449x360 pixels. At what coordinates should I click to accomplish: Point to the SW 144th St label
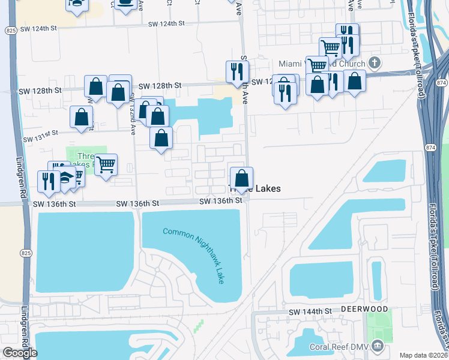click(x=310, y=312)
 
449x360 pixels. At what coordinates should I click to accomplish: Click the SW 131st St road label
click(x=41, y=139)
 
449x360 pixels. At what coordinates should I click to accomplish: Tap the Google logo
click(x=20, y=353)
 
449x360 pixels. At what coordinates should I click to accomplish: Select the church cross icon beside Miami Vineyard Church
click(x=375, y=62)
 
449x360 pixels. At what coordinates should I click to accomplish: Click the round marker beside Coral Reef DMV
click(x=378, y=345)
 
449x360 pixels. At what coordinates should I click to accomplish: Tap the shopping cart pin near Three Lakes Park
click(x=106, y=164)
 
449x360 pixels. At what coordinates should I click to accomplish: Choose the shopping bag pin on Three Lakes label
click(x=241, y=178)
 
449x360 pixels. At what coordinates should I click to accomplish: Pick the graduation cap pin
click(x=65, y=178)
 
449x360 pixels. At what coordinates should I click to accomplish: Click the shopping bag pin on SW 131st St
click(x=81, y=116)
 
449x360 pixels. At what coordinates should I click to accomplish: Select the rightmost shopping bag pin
click(x=354, y=80)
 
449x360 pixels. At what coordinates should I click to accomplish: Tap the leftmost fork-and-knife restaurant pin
click(x=47, y=180)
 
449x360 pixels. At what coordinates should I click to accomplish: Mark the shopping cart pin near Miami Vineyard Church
click(x=330, y=47)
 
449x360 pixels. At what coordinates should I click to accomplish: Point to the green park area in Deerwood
click(x=378, y=329)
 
